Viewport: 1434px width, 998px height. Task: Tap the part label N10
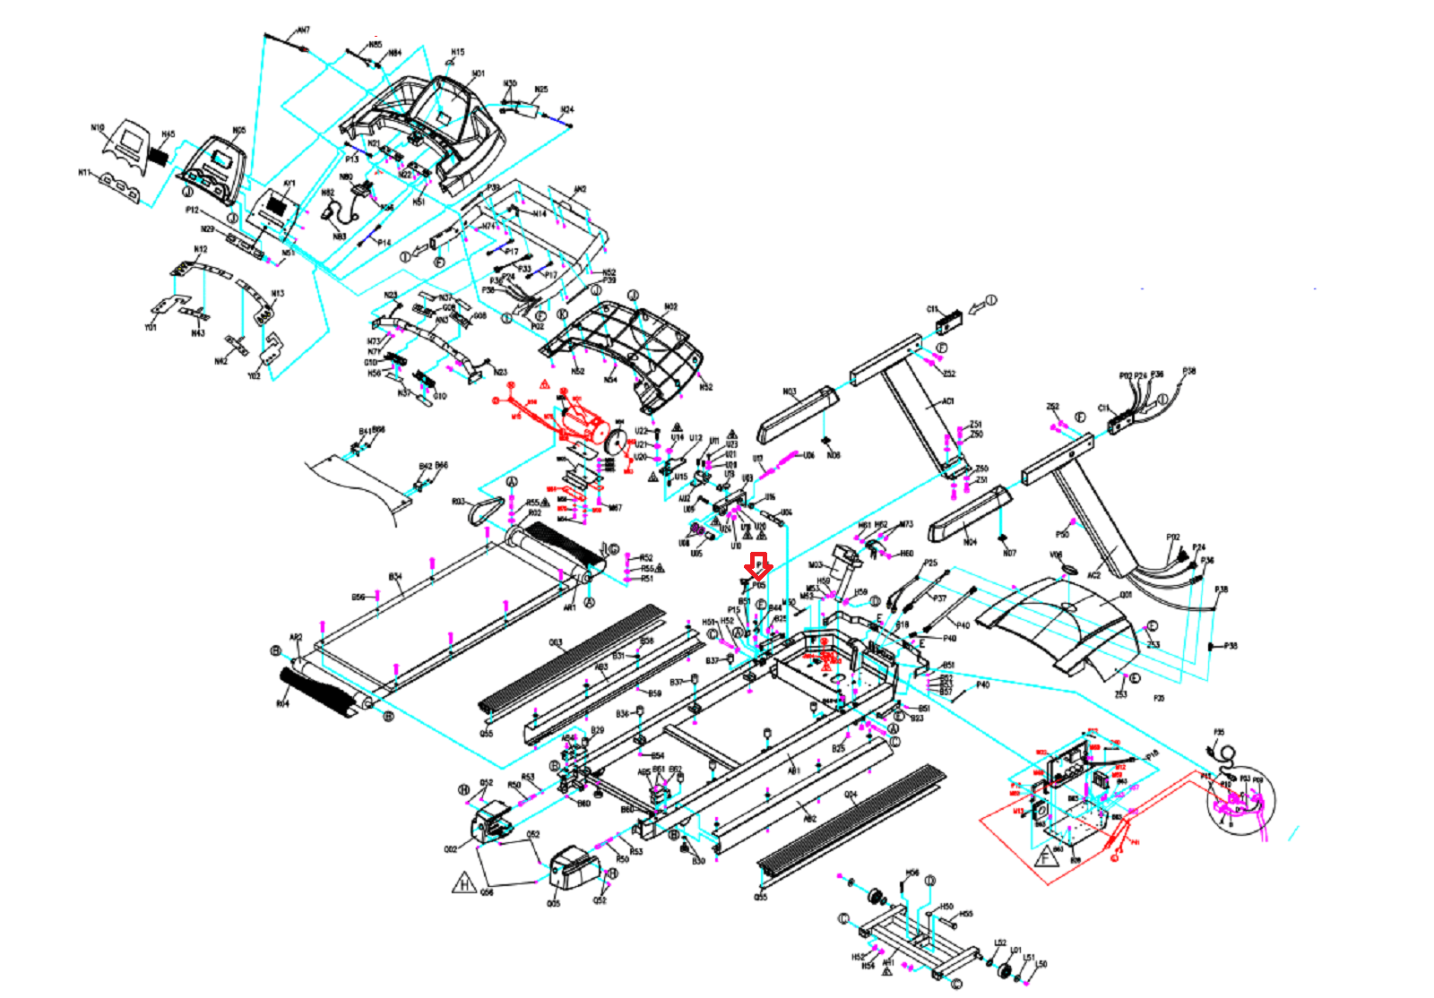coord(98,128)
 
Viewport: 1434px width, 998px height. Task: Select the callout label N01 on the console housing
coord(478,73)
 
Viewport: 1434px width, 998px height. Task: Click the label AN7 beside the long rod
coord(304,30)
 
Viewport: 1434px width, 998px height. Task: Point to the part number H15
coord(457,53)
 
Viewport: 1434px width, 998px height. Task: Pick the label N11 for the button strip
coord(84,173)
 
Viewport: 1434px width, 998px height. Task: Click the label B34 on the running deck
coord(395,577)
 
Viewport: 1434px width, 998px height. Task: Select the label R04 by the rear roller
coord(282,704)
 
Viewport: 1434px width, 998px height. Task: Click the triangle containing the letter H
coord(464,884)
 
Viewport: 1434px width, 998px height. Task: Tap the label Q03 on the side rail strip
coord(556,642)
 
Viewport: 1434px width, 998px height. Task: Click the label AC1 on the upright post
coord(947,401)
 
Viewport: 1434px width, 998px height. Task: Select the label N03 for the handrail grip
coord(790,391)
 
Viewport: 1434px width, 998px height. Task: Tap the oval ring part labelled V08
coord(1068,570)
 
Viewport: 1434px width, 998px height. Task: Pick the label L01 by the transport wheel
coord(1015,951)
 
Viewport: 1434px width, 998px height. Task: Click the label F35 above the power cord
coord(1219,733)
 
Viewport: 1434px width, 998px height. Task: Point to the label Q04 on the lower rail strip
coord(851,795)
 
